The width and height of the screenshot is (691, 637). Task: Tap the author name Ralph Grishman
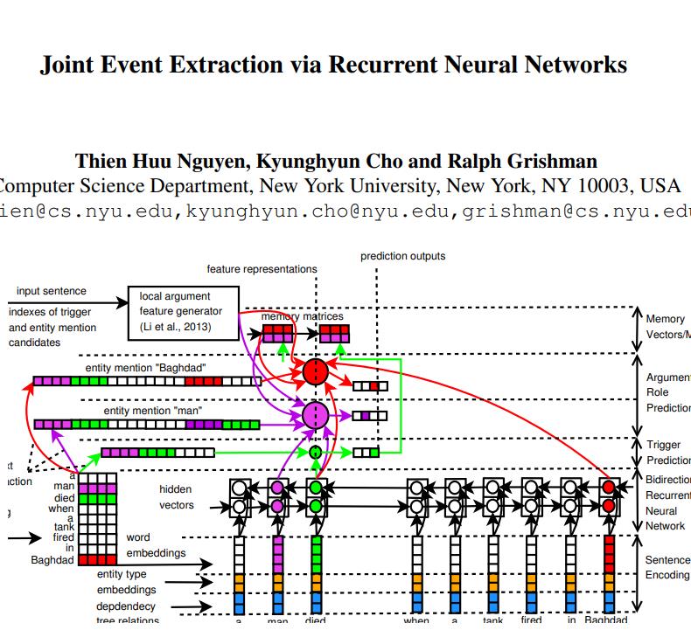[526, 161]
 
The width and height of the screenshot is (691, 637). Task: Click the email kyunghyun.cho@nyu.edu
[320, 211]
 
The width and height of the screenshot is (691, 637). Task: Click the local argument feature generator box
[182, 312]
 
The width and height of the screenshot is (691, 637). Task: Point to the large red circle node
[316, 372]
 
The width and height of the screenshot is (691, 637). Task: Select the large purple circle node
[315, 416]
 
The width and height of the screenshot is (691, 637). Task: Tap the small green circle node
[315, 452]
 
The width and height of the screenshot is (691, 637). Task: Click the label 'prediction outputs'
[402, 256]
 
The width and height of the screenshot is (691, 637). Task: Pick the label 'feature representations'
[262, 269]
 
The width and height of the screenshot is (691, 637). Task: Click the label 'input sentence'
[52, 291]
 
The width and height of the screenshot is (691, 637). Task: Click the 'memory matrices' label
[302, 316]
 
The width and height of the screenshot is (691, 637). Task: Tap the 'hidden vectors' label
[177, 497]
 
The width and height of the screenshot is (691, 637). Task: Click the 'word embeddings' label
[156, 545]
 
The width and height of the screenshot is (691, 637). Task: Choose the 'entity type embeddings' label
[122, 582]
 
